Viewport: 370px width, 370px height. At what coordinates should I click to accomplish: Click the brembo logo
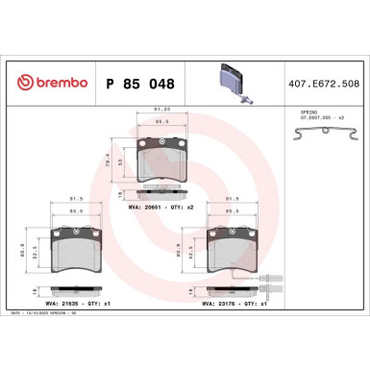coord(47,85)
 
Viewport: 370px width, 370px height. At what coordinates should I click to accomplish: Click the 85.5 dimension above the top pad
coord(162,122)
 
